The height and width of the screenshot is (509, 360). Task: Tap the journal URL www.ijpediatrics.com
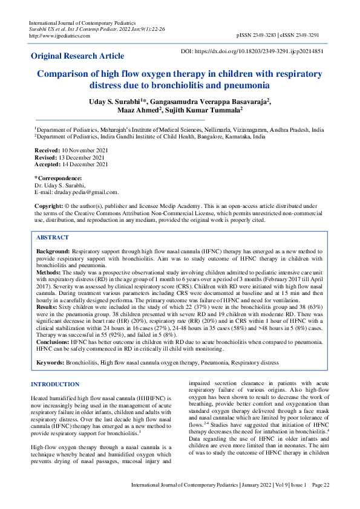61,36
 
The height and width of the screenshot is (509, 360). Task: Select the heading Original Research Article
77,56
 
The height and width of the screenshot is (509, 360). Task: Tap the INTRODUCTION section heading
55,384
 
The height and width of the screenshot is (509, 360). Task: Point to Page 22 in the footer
321,502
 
